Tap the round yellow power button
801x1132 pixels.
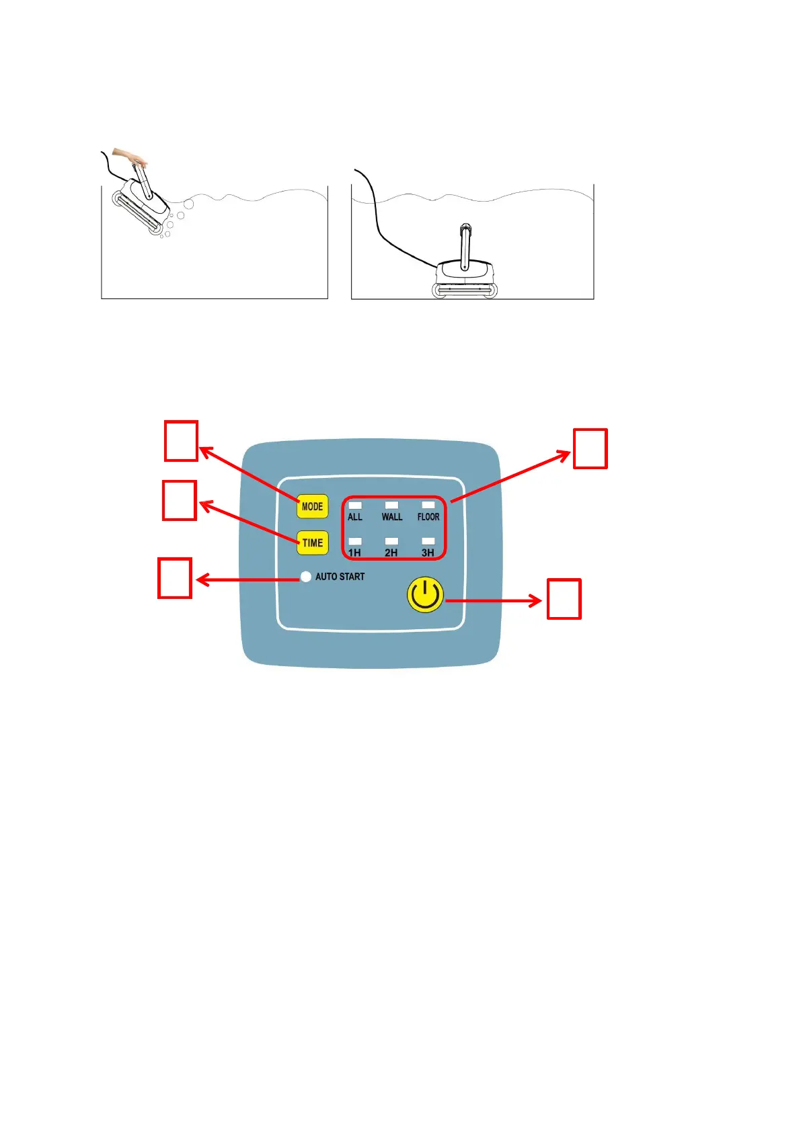[425, 595]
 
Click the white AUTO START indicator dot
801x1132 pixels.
[306, 577]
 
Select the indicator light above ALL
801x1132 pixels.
[355, 505]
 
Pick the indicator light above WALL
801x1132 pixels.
[391, 505]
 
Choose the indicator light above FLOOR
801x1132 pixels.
[428, 505]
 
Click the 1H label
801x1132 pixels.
[354, 553]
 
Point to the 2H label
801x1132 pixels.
[391, 553]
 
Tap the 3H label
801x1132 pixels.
[428, 553]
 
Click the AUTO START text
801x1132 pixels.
[340, 577]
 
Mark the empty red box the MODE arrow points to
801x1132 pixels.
[181, 441]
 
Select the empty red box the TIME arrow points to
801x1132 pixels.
[180, 500]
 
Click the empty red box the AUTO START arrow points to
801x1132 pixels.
[175, 578]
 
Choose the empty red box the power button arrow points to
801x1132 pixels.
[564, 599]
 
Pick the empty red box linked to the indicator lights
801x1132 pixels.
[590, 448]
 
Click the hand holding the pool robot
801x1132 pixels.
[130, 157]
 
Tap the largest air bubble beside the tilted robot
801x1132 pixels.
[188, 204]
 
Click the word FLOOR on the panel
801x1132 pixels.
[428, 517]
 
